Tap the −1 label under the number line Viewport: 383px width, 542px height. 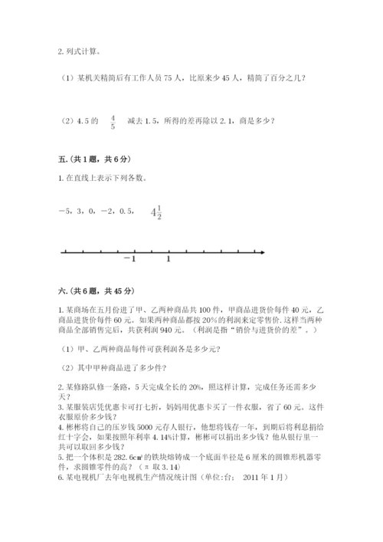click(129, 258)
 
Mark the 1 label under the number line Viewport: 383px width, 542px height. click(169, 258)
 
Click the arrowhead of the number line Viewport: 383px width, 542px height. click(261, 251)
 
